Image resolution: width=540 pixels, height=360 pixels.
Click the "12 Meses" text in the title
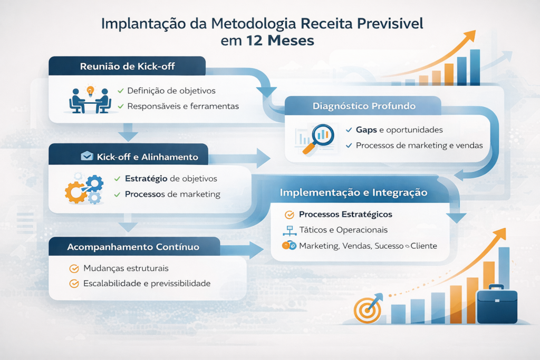coord(280,41)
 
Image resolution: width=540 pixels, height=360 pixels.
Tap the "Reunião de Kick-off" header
coord(128,66)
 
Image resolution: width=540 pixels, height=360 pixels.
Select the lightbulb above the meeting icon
coord(90,91)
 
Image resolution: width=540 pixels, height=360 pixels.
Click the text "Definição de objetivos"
coord(171,91)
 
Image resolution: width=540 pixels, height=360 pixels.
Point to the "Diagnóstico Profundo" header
coord(364,106)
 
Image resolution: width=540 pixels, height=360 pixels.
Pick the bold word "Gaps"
coord(367,130)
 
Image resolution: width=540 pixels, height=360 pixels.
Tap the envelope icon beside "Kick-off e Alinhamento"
coord(87,156)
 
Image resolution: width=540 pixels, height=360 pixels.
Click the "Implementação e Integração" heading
coord(353,192)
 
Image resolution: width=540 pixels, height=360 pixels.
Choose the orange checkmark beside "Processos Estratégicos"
coord(290,215)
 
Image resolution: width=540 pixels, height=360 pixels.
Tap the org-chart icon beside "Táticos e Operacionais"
coord(290,230)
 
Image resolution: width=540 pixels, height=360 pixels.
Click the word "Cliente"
coord(423,246)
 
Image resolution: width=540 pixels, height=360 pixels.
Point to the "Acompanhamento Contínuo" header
coord(133,247)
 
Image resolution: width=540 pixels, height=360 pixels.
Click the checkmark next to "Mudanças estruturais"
coord(74,268)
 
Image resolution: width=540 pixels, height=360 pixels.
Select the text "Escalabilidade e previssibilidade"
coord(147,284)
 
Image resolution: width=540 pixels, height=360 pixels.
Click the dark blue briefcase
coord(497,304)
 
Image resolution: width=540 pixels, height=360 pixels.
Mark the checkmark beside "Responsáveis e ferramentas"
coord(121,106)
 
